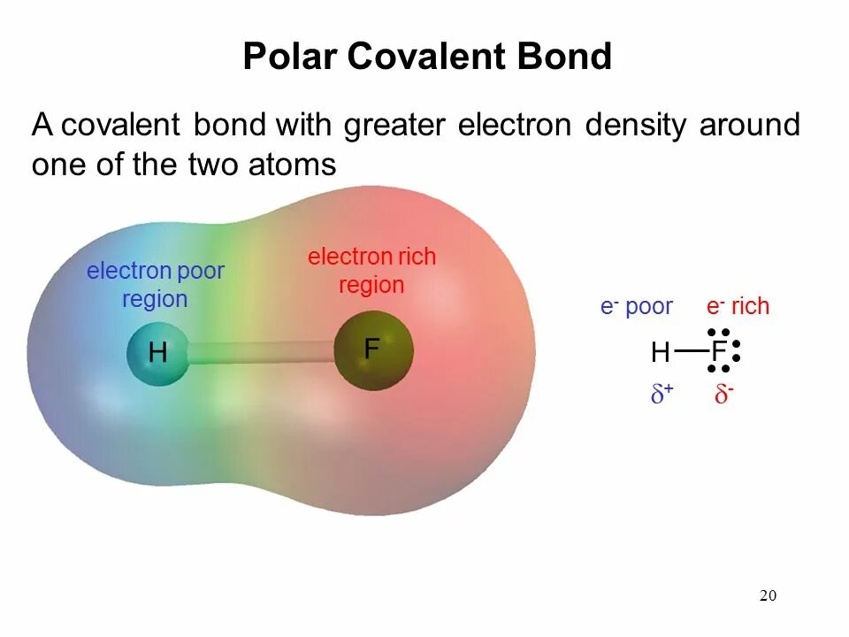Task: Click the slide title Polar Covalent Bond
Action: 427,57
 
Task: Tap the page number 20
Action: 768,595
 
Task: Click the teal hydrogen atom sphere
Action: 157,354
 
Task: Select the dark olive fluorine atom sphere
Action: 372,349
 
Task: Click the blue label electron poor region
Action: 155,285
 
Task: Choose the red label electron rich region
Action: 371,271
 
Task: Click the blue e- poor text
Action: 636,307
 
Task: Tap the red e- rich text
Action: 738,307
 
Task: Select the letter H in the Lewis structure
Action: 660,354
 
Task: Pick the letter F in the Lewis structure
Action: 718,352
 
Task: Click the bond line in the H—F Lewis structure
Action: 691,351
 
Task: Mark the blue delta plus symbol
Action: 662,395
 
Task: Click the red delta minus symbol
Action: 723,395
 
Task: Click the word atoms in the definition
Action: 292,165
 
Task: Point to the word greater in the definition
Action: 395,126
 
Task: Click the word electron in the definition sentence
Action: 515,126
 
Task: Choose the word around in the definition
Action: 750,126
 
